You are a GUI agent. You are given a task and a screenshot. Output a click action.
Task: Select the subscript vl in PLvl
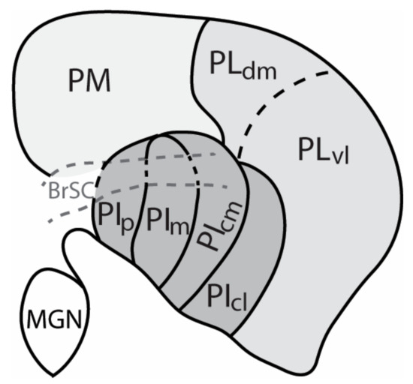pos(341,159)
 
